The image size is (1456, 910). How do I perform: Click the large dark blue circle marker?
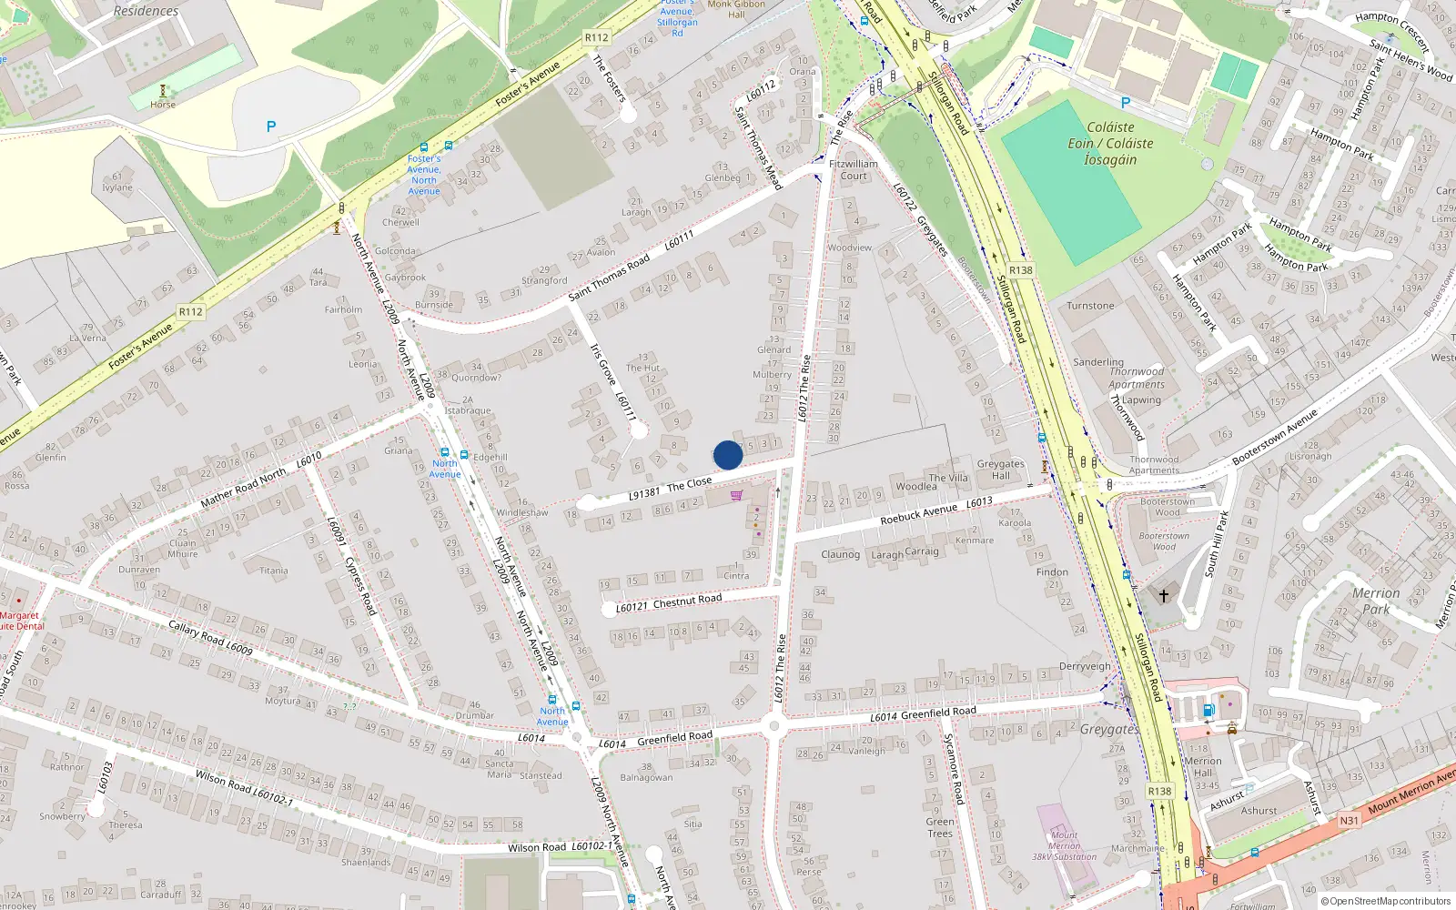point(728,455)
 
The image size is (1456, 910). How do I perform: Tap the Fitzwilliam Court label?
point(854,170)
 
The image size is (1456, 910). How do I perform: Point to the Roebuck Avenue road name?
point(919,514)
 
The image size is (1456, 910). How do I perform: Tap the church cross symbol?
point(1163,596)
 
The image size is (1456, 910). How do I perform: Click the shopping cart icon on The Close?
point(736,496)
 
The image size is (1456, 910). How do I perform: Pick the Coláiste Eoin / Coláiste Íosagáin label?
point(1110,144)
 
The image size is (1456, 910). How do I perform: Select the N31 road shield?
point(1349,821)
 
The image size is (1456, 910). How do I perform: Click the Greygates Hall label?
point(1000,470)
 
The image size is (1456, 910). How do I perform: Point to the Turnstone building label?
point(1090,307)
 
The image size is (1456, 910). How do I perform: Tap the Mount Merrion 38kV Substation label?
point(1064,845)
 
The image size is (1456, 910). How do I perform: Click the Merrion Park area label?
point(1376,601)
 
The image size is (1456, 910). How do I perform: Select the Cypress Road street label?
point(361,583)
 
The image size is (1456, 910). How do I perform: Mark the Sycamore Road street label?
point(953,769)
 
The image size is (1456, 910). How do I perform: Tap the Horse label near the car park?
point(163,105)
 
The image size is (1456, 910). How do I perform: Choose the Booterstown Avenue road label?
point(1275,438)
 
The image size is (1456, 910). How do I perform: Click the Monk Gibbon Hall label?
point(736,9)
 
